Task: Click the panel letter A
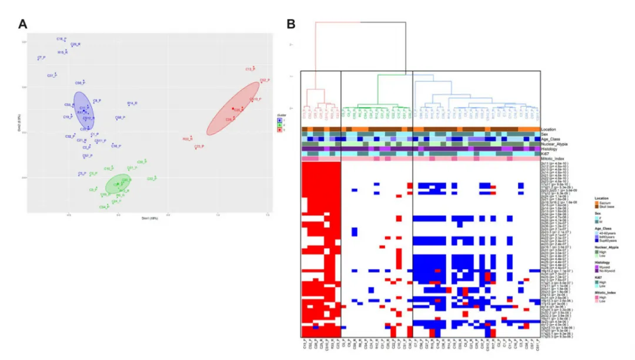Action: [23, 24]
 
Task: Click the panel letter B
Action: [290, 24]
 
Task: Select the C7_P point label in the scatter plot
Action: [41, 58]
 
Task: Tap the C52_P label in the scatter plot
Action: [264, 81]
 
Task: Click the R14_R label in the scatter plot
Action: [132, 104]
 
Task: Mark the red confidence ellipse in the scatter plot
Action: [234, 108]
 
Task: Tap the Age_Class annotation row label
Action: [550, 139]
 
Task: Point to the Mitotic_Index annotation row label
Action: [553, 159]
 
